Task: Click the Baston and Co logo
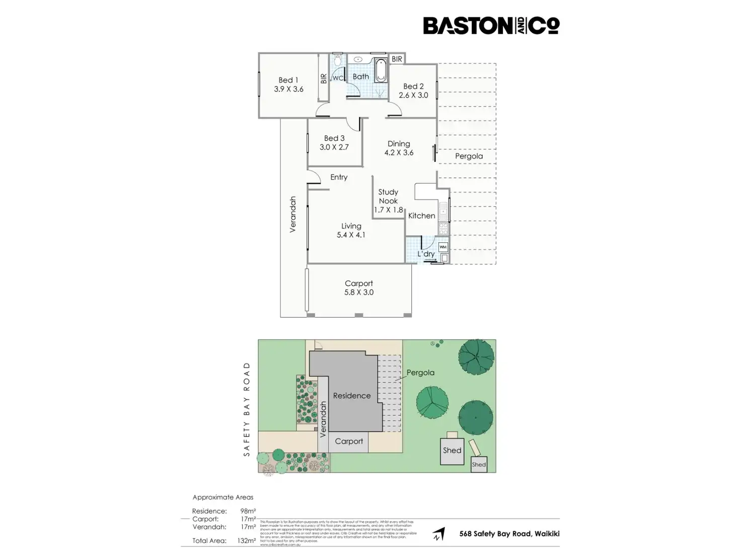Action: coord(491,26)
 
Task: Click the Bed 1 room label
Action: coord(288,80)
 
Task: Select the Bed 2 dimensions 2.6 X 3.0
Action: coord(413,95)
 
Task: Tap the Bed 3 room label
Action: coord(334,138)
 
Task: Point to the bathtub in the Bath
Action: coord(381,71)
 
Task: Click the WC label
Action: coord(338,78)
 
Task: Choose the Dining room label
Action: coord(399,144)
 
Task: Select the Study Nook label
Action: coord(388,196)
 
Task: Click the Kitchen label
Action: coord(421,216)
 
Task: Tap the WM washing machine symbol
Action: coord(443,247)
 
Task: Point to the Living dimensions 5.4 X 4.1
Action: coord(351,235)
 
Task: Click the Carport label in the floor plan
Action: coord(359,284)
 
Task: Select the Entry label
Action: coord(339,177)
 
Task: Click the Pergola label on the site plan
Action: coord(420,373)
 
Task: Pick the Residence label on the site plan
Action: coord(352,396)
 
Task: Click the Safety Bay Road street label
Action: coord(247,409)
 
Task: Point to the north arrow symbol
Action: coord(439,534)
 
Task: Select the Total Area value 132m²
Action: coord(247,541)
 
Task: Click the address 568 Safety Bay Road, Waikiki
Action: coord(509,534)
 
